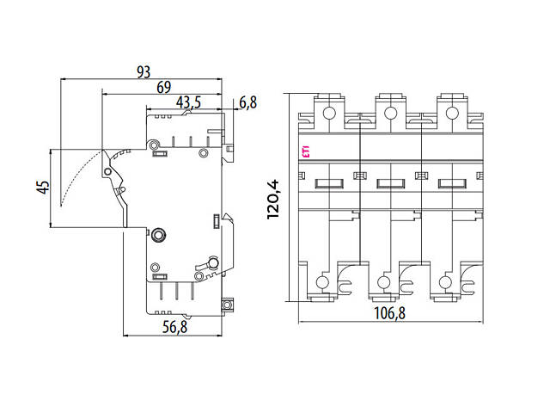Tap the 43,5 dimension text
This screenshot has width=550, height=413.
tap(188, 102)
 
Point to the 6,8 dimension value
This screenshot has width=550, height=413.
tap(247, 102)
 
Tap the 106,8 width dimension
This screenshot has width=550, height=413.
tap(389, 314)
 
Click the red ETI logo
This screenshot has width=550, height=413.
tap(306, 154)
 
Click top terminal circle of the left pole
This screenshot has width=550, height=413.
tap(328, 113)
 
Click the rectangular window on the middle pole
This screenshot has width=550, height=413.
tap(391, 182)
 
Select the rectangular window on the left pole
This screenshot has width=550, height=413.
tap(330, 182)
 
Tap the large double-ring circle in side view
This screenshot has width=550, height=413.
tap(158, 234)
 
